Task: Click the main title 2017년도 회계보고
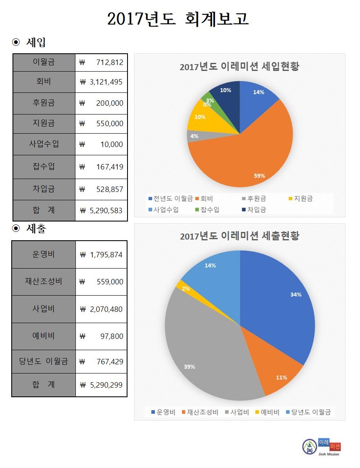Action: point(178,19)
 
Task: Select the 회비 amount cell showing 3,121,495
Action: point(101,82)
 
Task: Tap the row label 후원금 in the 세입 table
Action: point(44,102)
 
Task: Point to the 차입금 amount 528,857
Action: point(101,189)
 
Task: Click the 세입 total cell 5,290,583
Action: point(101,210)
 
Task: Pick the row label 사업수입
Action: point(44,144)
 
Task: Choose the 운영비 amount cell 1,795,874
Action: point(101,254)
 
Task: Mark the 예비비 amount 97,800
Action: point(101,336)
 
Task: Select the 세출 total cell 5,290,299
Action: point(101,385)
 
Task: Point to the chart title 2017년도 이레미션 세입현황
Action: point(239,67)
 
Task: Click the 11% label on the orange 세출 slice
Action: point(281,378)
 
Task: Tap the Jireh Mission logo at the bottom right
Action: point(321,447)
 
